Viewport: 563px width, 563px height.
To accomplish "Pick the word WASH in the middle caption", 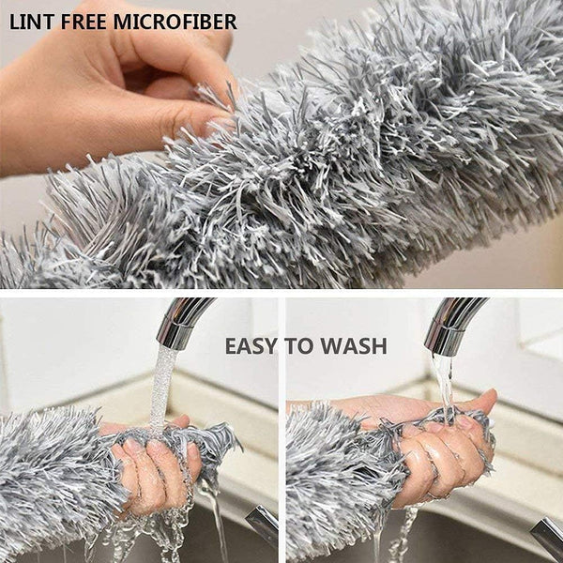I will pos(355,346).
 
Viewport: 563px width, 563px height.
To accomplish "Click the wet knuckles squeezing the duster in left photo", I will pos(155,469).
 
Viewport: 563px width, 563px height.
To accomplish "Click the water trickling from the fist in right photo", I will pos(403,535).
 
